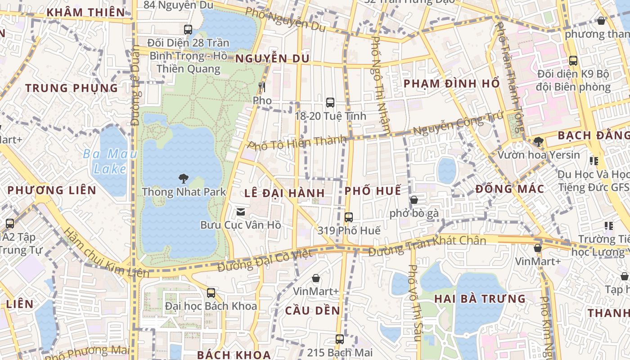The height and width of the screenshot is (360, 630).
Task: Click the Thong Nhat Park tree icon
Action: point(183,178)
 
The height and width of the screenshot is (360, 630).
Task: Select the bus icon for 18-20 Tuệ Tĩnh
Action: point(330,102)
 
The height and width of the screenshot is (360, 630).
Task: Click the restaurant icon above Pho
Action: point(262,87)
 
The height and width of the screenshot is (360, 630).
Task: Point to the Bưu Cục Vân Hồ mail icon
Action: point(241,211)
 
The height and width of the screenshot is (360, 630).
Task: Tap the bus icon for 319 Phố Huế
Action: point(349,217)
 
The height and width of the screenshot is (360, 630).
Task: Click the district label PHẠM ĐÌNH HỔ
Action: point(451,84)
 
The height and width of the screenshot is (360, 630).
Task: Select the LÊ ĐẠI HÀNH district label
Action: point(284,193)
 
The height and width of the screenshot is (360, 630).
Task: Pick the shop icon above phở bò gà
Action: point(414,200)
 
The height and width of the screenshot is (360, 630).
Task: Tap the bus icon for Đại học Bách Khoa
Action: point(211,293)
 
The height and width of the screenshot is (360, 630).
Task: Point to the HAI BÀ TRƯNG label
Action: point(480,299)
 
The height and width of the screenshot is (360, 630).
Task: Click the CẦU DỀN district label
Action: point(312,310)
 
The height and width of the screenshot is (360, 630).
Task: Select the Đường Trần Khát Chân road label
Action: point(427,245)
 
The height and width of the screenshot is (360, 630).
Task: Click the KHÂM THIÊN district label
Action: point(85,12)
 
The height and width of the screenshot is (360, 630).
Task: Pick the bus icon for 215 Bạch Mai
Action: point(340,339)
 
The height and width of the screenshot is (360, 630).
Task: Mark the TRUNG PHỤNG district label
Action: point(72,88)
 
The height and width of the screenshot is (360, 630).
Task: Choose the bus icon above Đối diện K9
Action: point(573,61)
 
